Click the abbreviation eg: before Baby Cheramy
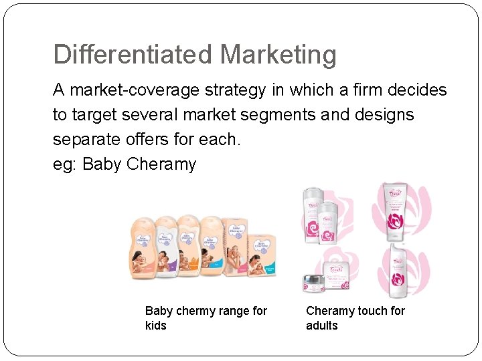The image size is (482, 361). click(65, 164)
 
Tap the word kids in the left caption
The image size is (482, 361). click(156, 326)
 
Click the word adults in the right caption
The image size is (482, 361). click(322, 326)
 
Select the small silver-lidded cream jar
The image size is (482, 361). click(313, 283)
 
